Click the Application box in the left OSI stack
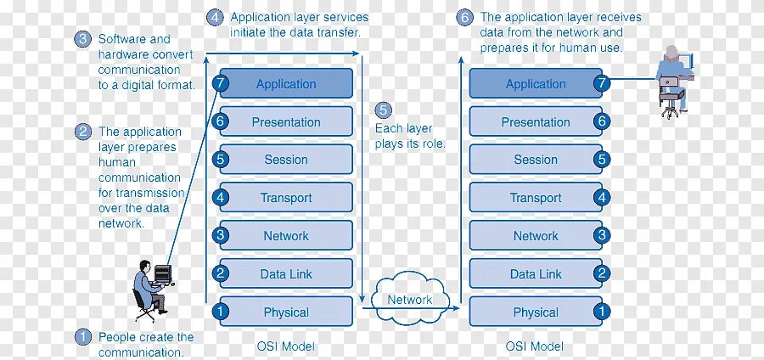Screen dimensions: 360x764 286,84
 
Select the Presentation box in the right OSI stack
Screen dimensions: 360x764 536,122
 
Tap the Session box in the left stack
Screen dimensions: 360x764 286,160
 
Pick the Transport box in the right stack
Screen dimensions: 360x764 536,198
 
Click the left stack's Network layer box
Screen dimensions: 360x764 286,236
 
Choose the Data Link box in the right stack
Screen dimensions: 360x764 536,273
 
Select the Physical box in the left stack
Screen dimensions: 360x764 286,312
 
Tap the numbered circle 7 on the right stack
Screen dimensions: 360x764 602,83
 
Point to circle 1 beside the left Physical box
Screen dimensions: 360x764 221,312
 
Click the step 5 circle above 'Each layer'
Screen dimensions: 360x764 384,110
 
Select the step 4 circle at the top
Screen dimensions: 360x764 216,17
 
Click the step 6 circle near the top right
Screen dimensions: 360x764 464,17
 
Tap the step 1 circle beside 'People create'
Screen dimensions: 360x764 83,337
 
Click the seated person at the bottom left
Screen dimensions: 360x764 149,289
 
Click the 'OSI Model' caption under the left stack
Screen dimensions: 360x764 285,346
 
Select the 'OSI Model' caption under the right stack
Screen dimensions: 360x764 535,346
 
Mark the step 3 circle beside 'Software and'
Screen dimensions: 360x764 83,39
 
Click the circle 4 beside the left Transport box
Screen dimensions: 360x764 221,198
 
